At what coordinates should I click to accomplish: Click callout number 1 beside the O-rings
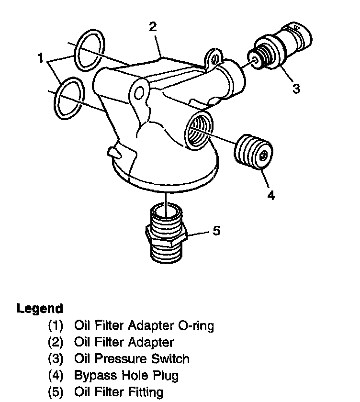pyautogui.click(x=42, y=58)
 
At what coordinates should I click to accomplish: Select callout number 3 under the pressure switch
pyautogui.click(x=296, y=89)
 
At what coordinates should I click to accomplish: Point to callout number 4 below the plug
pyautogui.click(x=271, y=195)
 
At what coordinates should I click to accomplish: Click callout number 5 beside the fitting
pyautogui.click(x=216, y=231)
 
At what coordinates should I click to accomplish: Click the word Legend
pyautogui.click(x=40, y=308)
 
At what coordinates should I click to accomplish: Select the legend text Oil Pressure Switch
pyautogui.click(x=132, y=358)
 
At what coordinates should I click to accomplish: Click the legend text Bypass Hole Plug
pyautogui.click(x=126, y=375)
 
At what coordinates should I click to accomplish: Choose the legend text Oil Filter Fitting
pyautogui.click(x=119, y=392)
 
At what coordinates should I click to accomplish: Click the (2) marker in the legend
pyautogui.click(x=56, y=343)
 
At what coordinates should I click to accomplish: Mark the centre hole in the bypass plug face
pyautogui.click(x=264, y=156)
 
